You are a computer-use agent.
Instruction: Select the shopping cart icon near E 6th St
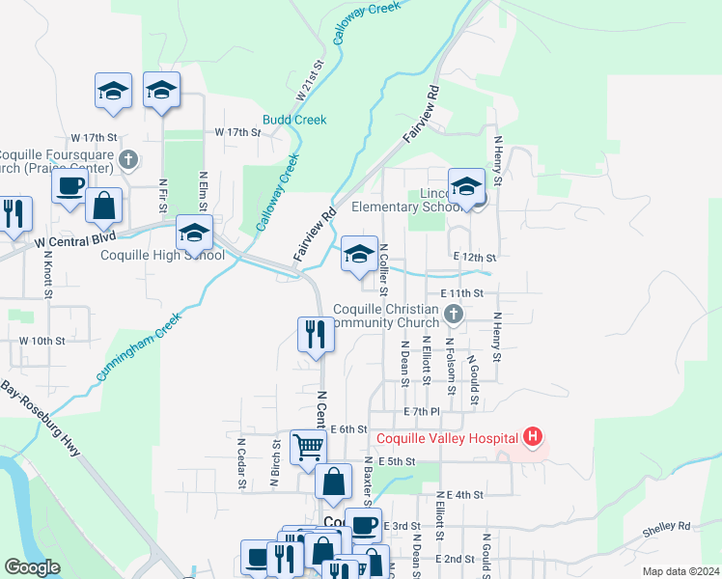tap(308, 446)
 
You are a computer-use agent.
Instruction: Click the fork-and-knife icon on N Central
tap(315, 334)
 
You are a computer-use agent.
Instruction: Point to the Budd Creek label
tap(294, 120)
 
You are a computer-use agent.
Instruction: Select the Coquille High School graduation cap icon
tap(193, 233)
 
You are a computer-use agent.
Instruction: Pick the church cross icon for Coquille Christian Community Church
tap(454, 314)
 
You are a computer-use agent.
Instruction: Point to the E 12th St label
tap(474, 258)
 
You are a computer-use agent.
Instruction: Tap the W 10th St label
tap(42, 341)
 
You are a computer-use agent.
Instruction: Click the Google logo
tap(32, 567)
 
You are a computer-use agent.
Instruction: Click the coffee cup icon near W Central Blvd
tap(69, 185)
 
